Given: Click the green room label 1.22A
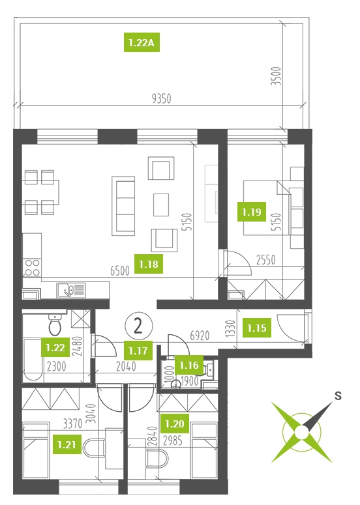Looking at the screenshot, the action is [142, 42].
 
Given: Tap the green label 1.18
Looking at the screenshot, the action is [149, 264].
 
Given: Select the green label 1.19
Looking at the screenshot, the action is [251, 212].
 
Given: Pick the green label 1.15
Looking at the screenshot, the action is [257, 328].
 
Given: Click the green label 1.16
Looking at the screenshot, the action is [189, 365].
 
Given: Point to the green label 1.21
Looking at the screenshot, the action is [67, 444].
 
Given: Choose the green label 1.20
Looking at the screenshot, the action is [175, 424].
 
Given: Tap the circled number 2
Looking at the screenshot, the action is [138, 326].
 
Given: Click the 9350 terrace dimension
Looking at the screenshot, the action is [162, 98].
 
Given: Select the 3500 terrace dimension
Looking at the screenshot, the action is [277, 76].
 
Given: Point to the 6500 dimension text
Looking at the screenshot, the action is [120, 271].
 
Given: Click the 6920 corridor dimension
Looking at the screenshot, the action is [200, 336].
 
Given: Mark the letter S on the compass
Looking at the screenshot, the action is [338, 395].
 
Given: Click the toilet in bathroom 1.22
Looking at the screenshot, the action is [55, 325].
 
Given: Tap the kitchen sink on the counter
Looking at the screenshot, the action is [71, 290].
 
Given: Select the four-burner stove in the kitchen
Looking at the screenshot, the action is [32, 268].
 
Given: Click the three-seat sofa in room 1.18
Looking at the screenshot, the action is [123, 207].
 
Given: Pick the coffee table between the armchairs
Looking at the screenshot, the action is [161, 205].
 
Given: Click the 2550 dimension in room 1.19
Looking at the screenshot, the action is [266, 260].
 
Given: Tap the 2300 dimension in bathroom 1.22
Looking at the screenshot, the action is [56, 366].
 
